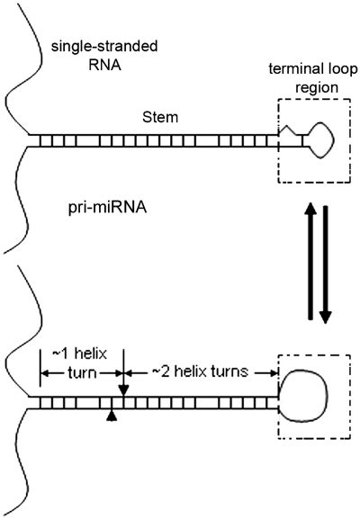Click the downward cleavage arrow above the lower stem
(x=122, y=382)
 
